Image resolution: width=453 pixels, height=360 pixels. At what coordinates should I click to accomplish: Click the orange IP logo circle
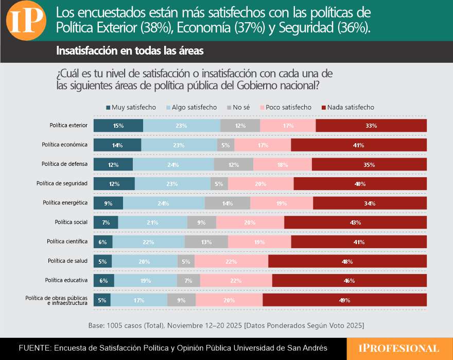click(x=26, y=22)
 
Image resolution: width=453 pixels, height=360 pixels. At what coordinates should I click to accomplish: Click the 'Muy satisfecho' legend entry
click(x=131, y=107)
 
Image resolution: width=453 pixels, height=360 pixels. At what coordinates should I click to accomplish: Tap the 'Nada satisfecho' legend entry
click(x=347, y=107)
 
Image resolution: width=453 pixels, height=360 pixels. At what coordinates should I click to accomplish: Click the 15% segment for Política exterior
click(x=118, y=126)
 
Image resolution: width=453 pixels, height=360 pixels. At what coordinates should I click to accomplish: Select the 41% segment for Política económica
click(x=359, y=145)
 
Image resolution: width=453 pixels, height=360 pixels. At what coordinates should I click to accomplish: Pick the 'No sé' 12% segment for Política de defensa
click(x=233, y=165)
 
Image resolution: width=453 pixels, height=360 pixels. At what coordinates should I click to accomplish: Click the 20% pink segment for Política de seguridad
click(x=260, y=184)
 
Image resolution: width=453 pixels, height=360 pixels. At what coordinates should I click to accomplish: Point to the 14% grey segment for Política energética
click(x=227, y=203)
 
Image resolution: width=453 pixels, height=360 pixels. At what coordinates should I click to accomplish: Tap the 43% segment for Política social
click(x=355, y=222)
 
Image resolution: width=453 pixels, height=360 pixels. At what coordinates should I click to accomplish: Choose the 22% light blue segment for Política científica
click(x=148, y=242)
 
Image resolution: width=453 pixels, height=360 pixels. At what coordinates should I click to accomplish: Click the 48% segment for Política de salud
click(x=347, y=262)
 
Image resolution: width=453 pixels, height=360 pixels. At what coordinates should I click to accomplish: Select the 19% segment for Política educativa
click(x=145, y=281)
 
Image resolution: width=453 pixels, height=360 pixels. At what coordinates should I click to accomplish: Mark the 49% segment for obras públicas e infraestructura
click(x=344, y=300)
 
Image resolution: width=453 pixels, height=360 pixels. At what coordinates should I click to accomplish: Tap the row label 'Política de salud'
click(x=67, y=261)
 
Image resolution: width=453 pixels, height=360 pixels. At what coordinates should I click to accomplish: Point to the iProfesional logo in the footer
click(x=399, y=349)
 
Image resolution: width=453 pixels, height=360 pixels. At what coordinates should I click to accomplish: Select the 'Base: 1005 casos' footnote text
click(x=226, y=325)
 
